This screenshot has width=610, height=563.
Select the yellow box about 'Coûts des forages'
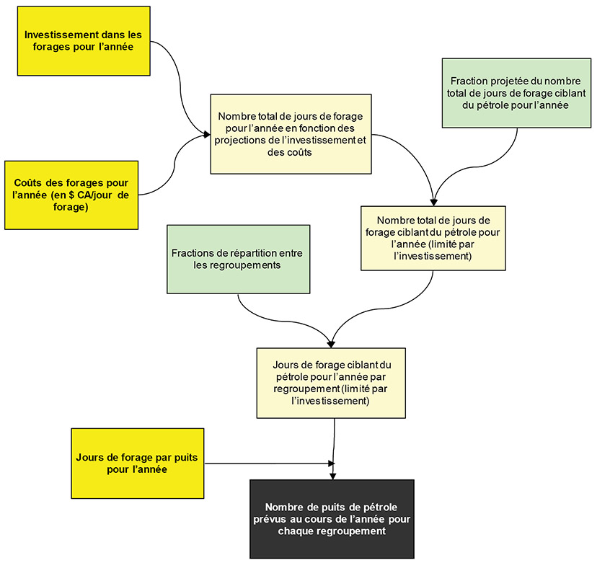[71, 195]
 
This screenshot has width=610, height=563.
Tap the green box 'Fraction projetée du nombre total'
[516, 93]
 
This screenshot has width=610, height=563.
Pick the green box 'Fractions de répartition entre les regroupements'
[238, 259]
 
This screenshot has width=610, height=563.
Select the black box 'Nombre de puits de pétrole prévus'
[332, 518]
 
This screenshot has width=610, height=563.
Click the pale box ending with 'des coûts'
[291, 134]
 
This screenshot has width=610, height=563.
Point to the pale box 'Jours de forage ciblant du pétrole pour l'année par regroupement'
[331, 383]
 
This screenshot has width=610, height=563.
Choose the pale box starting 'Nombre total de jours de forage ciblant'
[433, 238]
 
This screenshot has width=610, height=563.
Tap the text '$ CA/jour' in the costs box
[79, 195]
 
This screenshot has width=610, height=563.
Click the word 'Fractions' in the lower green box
[192, 253]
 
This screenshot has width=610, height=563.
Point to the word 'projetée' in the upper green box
[507, 81]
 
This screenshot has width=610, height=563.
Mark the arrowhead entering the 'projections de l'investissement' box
[205, 134]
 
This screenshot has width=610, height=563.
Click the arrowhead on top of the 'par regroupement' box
[332, 344]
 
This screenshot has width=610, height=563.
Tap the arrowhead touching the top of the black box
[332, 476]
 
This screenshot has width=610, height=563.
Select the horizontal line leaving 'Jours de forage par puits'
[267, 464]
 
